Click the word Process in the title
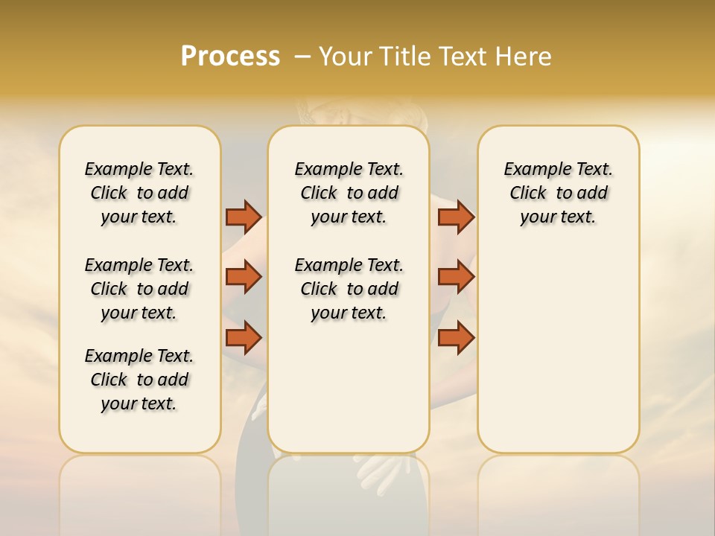[x=230, y=57]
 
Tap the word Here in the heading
[x=523, y=57]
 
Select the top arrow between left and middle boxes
[x=244, y=217]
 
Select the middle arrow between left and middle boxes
[x=244, y=277]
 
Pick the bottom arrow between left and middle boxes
[x=244, y=338]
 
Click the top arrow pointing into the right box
[x=456, y=217]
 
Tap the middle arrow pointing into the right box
[x=456, y=277]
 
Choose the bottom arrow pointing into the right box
[x=456, y=338]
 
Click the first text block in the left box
[x=139, y=193]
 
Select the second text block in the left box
[x=139, y=289]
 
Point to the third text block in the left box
[x=139, y=380]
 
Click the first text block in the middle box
[x=349, y=193]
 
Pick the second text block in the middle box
[x=349, y=289]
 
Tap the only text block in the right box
[x=558, y=193]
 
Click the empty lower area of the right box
[x=558, y=357]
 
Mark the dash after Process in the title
[x=302, y=57]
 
